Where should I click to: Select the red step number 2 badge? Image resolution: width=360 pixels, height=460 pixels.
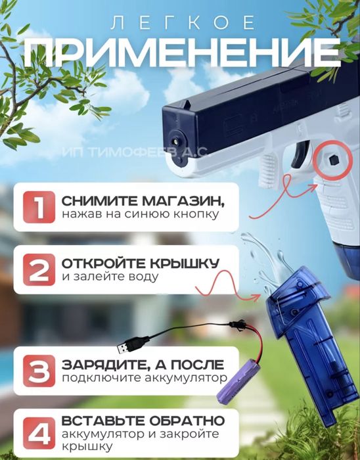click(x=37, y=271)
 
